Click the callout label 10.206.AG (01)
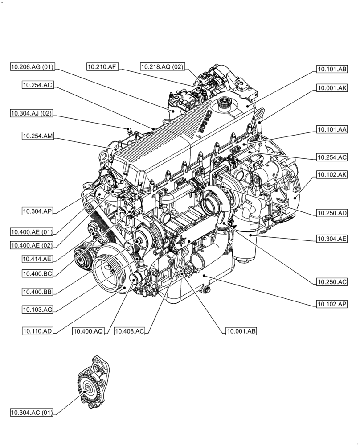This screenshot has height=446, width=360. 33,67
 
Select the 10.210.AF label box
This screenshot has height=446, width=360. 102,67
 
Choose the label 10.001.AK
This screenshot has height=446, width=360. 332,89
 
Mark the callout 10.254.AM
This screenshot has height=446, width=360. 38,136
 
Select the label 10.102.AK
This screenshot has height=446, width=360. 332,175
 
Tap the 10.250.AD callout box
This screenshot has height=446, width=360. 332,214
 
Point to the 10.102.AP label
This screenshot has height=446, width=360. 332,304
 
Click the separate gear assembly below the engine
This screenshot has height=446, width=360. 91,386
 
